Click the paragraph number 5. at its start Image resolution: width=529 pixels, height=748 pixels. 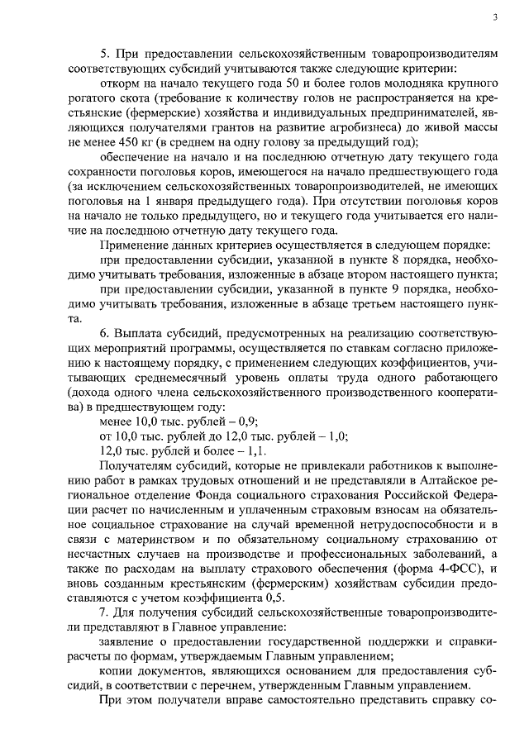point(103,52)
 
